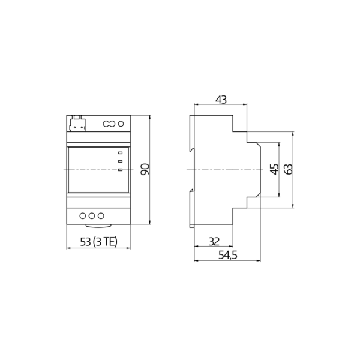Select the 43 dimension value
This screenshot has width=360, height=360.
click(220, 100)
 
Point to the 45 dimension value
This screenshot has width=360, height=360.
click(274, 169)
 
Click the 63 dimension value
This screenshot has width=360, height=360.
click(287, 169)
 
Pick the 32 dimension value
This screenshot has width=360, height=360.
click(214, 241)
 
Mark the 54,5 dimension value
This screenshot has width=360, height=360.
click(227, 255)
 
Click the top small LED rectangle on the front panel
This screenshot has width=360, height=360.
click(120, 152)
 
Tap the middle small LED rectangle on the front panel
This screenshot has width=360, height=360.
click(120, 161)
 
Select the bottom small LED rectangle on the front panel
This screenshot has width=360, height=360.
click(120, 170)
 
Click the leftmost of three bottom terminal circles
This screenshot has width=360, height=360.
click(82, 215)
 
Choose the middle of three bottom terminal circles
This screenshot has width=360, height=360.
click(91, 215)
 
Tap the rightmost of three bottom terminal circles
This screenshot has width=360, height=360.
click(101, 215)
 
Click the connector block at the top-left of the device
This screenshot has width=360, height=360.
click(76, 124)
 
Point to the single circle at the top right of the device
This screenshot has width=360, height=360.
click(121, 124)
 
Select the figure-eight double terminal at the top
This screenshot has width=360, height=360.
click(109, 124)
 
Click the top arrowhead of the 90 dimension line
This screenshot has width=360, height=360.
click(149, 115)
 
